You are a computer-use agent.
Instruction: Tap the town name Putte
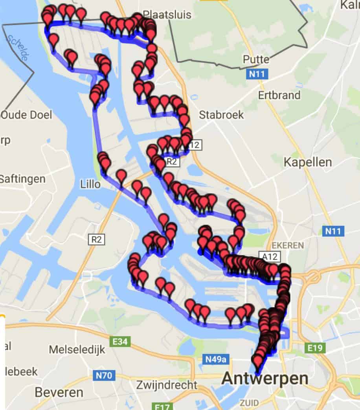pos(256,60)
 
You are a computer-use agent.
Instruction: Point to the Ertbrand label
pos(279,95)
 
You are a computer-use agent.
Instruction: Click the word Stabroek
pos(221,115)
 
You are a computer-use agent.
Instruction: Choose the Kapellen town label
pos(308,162)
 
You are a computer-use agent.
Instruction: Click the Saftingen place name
pos(22,179)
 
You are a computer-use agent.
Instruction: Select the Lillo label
pos(90,184)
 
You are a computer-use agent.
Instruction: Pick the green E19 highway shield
pos(316,348)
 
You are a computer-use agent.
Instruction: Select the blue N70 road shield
pos(105,376)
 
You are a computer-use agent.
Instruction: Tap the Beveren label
pos(59,392)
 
